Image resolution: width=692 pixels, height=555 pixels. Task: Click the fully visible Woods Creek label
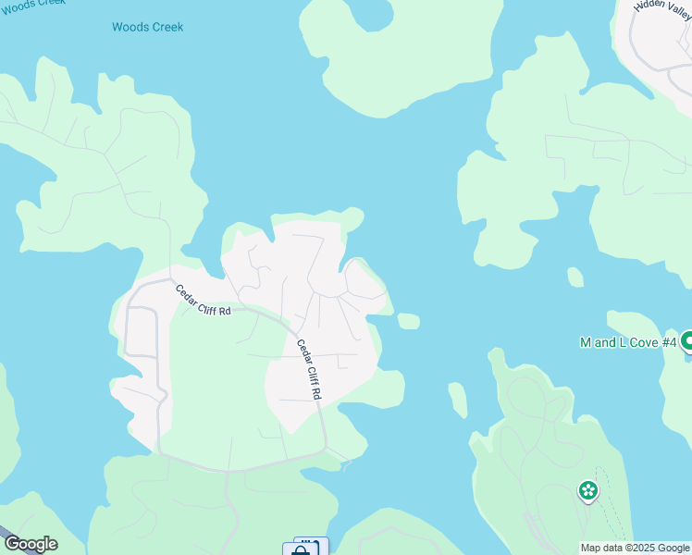click(147, 27)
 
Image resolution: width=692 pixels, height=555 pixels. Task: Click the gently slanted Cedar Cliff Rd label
click(203, 300)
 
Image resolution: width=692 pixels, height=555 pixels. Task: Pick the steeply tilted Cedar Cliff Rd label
click(308, 369)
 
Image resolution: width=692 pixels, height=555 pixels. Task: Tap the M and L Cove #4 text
click(628, 342)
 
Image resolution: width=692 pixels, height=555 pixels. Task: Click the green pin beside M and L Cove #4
click(687, 342)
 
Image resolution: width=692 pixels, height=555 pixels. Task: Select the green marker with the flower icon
click(587, 490)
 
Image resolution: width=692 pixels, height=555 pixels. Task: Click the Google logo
click(31, 544)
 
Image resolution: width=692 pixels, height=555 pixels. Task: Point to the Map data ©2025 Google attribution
click(635, 548)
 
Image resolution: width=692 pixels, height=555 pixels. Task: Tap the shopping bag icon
click(299, 549)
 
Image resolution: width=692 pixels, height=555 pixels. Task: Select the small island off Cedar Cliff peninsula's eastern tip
click(408, 321)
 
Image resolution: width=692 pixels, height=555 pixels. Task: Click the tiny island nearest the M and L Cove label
click(575, 277)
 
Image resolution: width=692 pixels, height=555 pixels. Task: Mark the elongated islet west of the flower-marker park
click(457, 400)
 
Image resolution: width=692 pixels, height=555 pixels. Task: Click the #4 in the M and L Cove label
click(668, 342)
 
